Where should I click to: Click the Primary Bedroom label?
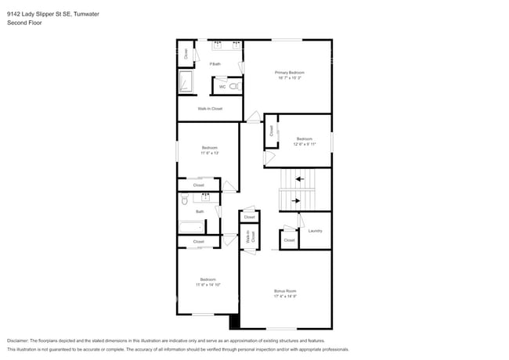click(x=289, y=72)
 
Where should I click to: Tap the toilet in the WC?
click(x=233, y=86)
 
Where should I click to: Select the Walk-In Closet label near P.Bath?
click(x=210, y=109)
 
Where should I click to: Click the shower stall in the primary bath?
click(x=187, y=81)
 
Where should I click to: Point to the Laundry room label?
click(x=315, y=231)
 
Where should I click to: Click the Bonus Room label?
click(x=285, y=290)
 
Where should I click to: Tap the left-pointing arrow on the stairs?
click(x=300, y=179)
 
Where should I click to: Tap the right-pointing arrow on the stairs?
click(x=294, y=201)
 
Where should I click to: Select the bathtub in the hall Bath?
click(x=191, y=227)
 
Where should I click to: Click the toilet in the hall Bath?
click(x=184, y=202)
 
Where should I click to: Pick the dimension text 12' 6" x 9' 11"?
click(x=305, y=144)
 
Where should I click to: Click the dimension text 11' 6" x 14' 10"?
click(x=208, y=285)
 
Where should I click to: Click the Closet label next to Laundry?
click(x=289, y=240)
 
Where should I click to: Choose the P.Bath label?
click(x=215, y=63)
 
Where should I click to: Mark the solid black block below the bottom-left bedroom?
click(x=233, y=321)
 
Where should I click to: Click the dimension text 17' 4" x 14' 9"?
click(x=285, y=296)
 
